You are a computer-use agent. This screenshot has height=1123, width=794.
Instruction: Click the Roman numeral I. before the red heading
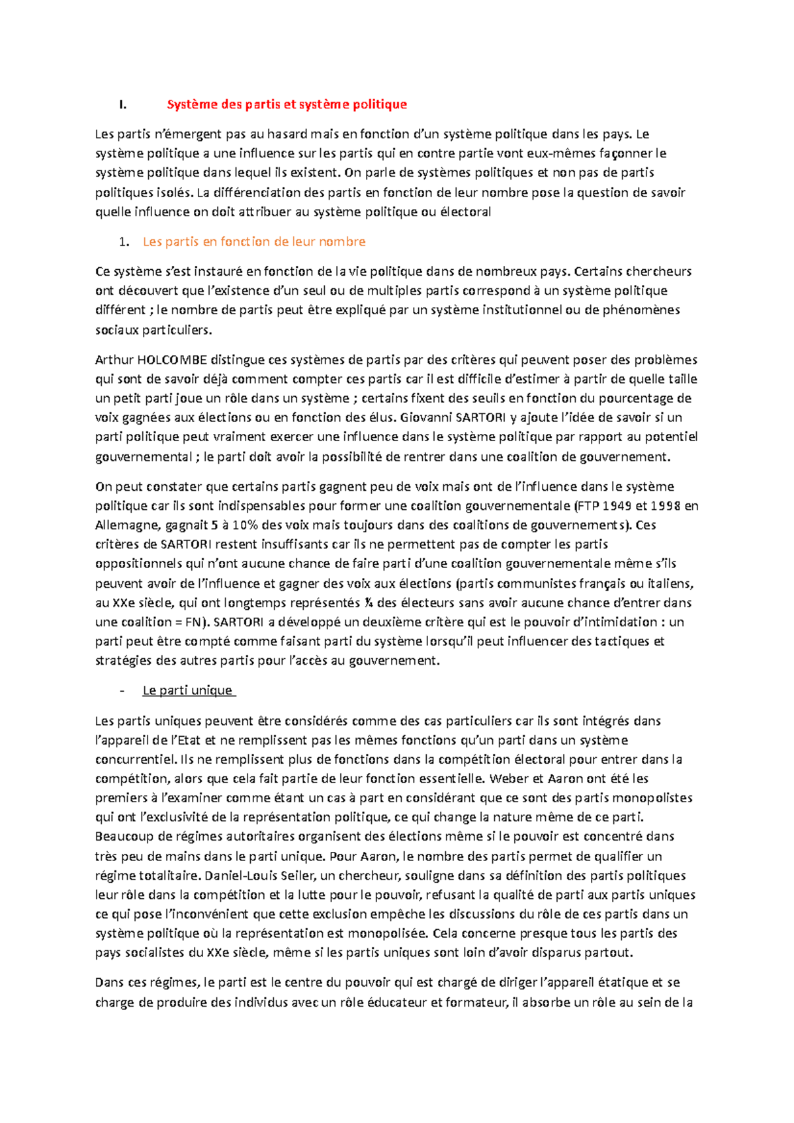click(x=122, y=104)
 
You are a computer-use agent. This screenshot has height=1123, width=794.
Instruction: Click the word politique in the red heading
click(x=379, y=104)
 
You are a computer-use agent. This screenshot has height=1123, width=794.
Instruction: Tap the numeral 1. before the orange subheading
click(x=124, y=241)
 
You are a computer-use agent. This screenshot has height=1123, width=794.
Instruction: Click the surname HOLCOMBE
click(x=171, y=360)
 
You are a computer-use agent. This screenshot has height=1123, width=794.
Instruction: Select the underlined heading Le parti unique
click(x=188, y=690)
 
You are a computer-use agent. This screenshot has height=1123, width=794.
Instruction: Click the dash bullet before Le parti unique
click(x=122, y=690)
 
